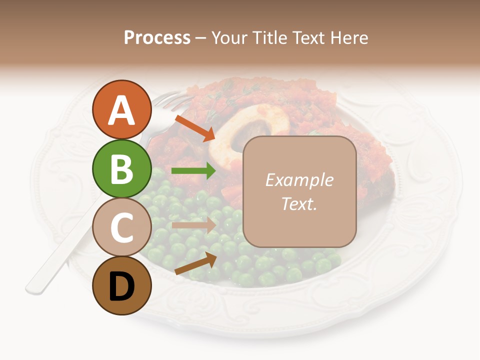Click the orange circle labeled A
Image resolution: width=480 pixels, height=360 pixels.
[121, 109]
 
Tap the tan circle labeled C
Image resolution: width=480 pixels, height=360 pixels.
[121, 227]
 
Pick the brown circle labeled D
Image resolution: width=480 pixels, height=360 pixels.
[121, 285]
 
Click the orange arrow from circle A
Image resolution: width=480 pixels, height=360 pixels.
[194, 128]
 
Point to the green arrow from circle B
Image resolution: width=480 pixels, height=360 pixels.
[193, 171]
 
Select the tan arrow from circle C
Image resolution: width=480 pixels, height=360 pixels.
[193, 225]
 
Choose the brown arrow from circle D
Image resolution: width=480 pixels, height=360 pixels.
[195, 263]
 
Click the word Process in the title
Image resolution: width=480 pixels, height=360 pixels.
[157, 37]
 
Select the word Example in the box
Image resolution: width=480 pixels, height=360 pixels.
[299, 180]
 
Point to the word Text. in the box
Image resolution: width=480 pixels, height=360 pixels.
[299, 203]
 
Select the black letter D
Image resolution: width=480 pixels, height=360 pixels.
[121, 286]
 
